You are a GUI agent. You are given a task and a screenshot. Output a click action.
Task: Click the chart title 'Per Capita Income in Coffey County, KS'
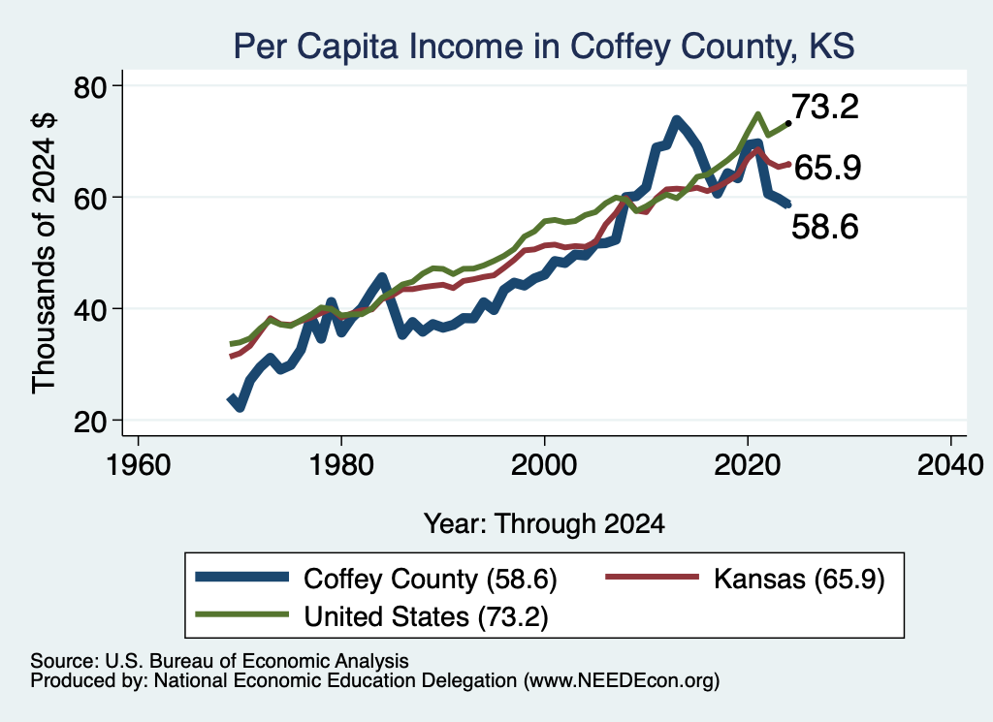click(x=544, y=46)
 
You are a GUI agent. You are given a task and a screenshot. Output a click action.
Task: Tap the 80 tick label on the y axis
click(x=90, y=87)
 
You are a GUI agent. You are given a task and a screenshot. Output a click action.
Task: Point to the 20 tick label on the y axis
click(x=90, y=422)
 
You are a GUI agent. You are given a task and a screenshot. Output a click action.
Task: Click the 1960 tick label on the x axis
click(x=139, y=465)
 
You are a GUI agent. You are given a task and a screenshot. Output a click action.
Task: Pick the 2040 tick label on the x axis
click(x=950, y=465)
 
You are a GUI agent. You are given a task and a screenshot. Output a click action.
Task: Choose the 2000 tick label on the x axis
click(x=544, y=465)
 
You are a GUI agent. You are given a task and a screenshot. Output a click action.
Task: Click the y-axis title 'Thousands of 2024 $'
click(x=45, y=253)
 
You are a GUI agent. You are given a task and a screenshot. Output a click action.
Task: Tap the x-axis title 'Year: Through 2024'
click(x=544, y=524)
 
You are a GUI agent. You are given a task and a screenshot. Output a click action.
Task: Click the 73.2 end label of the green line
click(x=825, y=107)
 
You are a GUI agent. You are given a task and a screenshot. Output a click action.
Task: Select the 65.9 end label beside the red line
click(x=827, y=168)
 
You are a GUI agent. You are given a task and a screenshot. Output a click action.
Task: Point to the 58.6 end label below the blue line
click(x=825, y=227)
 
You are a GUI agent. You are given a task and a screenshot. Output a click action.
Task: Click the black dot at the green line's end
click(x=787, y=123)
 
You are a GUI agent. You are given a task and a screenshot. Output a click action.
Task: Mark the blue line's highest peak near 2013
click(x=676, y=119)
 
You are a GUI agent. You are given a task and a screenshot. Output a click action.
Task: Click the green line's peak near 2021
click(x=757, y=114)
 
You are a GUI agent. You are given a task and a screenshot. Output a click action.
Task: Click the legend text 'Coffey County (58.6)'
click(x=430, y=579)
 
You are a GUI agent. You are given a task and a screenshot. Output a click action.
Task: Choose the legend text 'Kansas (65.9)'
click(x=799, y=579)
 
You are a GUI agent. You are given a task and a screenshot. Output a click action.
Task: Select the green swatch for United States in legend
click(x=241, y=614)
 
